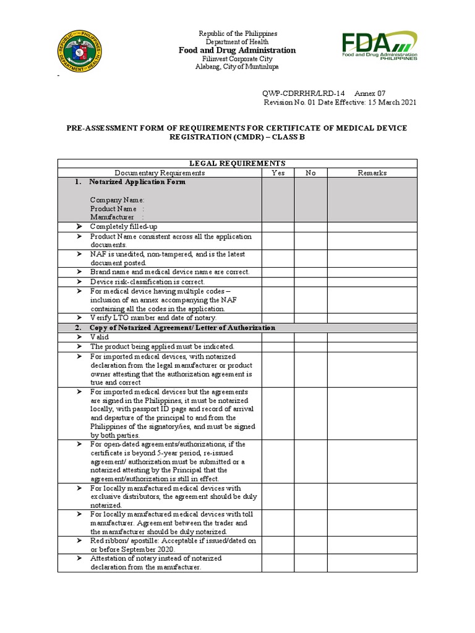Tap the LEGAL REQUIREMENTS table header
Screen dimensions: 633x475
click(x=237, y=163)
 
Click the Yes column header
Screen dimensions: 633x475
click(x=278, y=173)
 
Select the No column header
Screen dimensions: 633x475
click(x=310, y=173)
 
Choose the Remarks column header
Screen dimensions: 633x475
click(x=372, y=173)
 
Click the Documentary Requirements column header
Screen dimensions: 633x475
click(x=160, y=173)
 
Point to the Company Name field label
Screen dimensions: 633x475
click(x=118, y=200)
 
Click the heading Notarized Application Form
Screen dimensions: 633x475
click(x=137, y=182)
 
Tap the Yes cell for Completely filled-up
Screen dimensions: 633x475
click(x=278, y=227)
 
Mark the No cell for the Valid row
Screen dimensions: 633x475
click(x=310, y=338)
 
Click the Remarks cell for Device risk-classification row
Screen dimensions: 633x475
click(x=372, y=282)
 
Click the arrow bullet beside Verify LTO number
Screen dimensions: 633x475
click(x=79, y=318)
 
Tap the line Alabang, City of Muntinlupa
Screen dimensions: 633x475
click(x=237, y=67)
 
